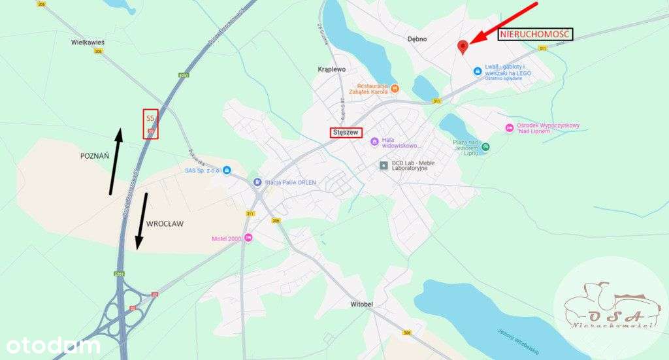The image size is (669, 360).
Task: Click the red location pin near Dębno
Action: point(463,46)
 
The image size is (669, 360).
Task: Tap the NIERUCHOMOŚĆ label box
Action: point(535,35)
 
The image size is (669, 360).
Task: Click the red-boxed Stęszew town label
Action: point(346,131)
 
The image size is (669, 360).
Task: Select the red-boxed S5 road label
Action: point(150,123)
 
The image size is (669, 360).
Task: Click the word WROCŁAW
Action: point(165,223)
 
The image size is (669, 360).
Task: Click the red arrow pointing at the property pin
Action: point(504,23)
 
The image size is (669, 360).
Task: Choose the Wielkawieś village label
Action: point(88,42)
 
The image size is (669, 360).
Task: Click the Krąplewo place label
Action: point(331,69)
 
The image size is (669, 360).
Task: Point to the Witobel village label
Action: point(361,304)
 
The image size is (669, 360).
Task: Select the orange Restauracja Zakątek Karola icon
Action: point(395,88)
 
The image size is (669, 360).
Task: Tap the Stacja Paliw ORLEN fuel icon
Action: point(258,182)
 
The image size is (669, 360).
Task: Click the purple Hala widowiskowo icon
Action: point(374,141)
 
